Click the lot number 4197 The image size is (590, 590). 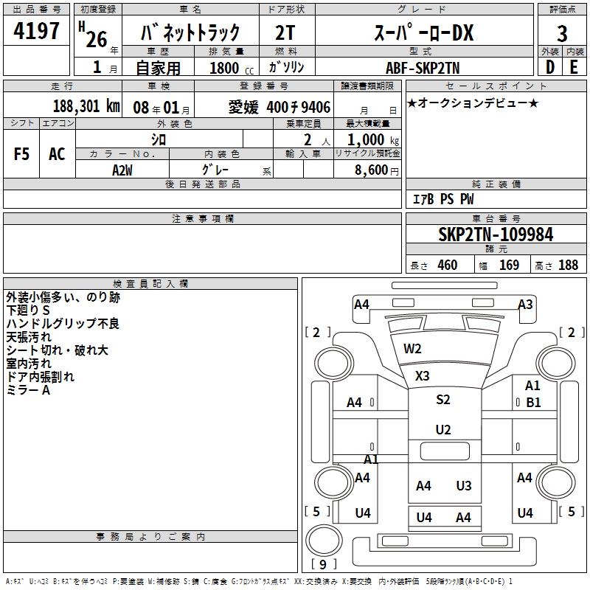[x=37, y=31]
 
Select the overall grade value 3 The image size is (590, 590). [x=562, y=34]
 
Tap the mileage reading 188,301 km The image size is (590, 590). [x=86, y=105]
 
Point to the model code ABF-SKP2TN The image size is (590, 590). [x=423, y=67]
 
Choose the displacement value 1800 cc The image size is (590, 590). [x=227, y=68]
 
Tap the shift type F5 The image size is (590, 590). [x=22, y=154]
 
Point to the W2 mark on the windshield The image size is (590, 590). [x=412, y=348]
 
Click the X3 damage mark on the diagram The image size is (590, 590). [x=422, y=375]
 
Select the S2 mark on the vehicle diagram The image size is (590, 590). [x=442, y=400]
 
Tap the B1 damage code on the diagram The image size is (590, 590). [x=533, y=403]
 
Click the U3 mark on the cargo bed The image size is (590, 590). [x=464, y=485]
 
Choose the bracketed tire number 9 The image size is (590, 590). [x=323, y=565]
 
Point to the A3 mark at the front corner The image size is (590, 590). [x=525, y=304]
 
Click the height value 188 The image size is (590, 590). [x=568, y=265]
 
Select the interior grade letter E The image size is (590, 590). [x=574, y=67]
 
